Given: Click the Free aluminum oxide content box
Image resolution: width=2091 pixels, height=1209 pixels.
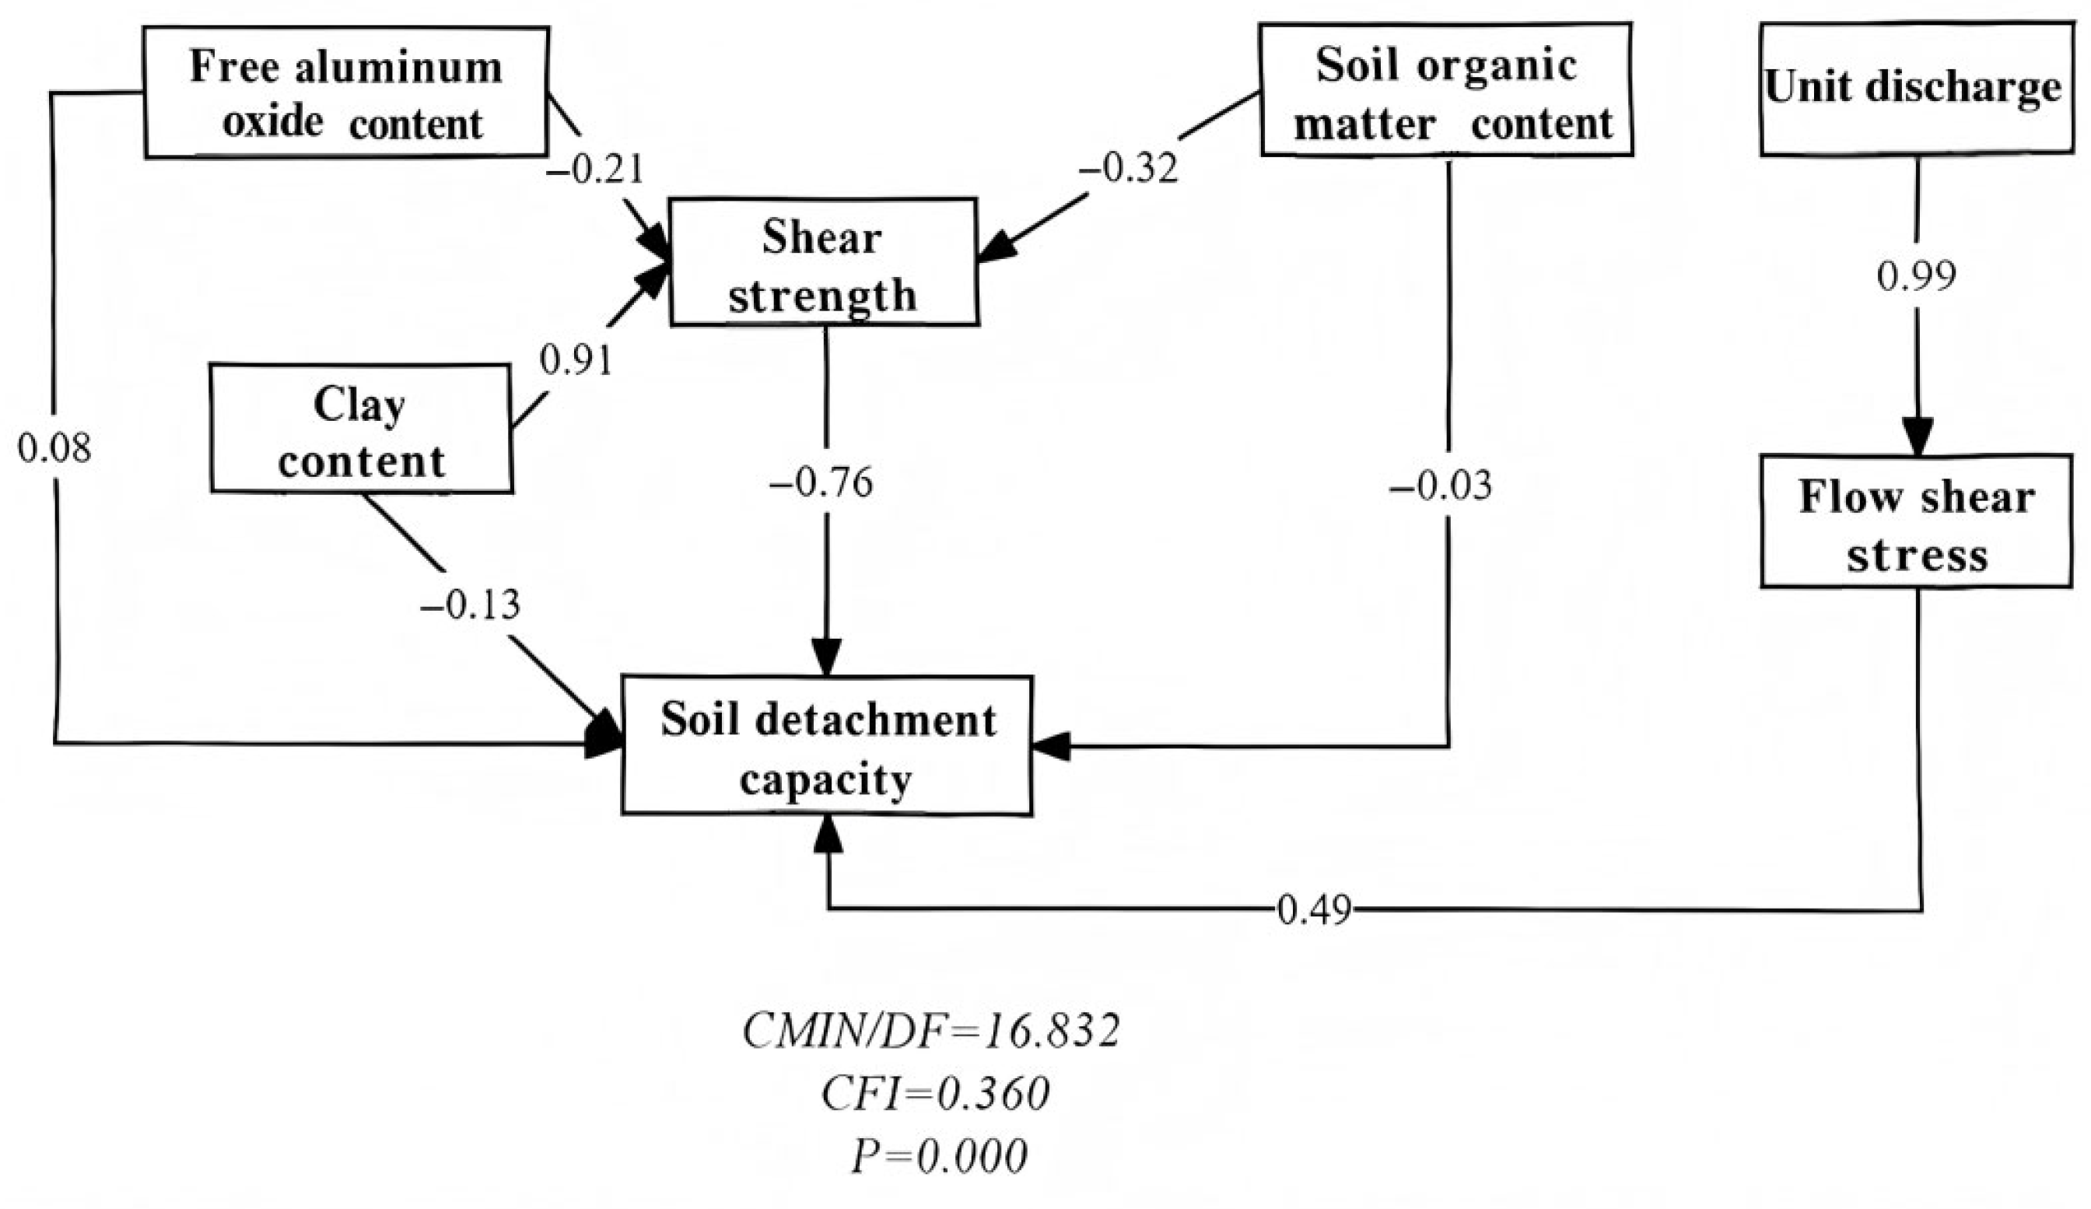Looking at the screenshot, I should click(346, 92).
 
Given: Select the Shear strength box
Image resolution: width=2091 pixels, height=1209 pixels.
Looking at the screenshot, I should click(823, 262).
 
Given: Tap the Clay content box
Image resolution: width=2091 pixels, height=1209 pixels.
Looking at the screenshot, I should click(361, 429).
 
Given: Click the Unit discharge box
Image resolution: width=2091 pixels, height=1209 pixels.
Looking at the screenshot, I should click(1915, 89).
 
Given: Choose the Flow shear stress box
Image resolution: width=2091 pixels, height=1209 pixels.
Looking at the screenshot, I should click(1915, 522).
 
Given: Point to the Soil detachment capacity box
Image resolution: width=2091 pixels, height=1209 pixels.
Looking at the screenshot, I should click(826, 745).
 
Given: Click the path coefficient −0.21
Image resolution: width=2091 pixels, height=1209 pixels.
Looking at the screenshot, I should click(594, 170).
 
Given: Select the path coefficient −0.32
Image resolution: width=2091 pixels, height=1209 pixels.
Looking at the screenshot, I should click(1129, 170).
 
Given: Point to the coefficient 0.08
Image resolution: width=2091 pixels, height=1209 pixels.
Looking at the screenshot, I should click(54, 449).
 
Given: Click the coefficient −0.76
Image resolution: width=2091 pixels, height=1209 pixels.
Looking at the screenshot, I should click(821, 483).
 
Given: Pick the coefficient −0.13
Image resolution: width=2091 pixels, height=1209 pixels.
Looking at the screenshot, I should click(471, 605).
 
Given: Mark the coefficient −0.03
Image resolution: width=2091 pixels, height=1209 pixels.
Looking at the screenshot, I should click(1441, 485).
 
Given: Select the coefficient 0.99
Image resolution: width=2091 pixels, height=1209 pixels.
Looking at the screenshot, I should click(1916, 276).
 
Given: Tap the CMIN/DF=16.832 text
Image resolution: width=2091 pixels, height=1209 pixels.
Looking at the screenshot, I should click(931, 1032).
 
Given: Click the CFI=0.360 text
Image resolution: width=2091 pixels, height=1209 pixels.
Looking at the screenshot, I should click(935, 1094).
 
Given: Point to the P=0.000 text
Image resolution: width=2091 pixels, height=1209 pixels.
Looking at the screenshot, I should click(938, 1156).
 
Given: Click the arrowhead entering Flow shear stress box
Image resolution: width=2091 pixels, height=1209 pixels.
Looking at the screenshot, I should click(1918, 437).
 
